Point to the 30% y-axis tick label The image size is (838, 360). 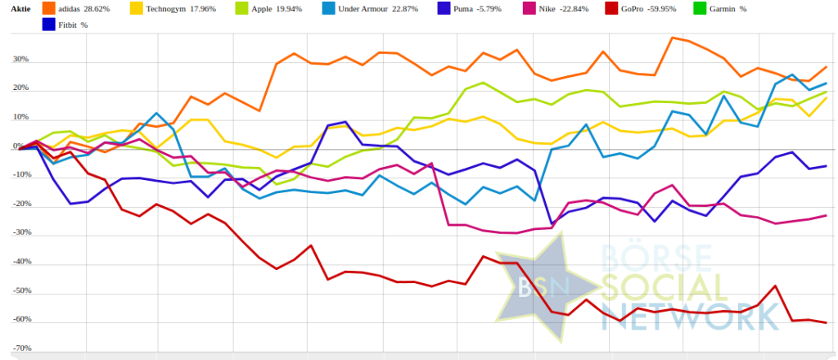click(20, 60)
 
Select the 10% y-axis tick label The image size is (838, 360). click(20, 117)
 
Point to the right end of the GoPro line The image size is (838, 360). click(826, 322)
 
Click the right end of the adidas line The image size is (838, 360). click(826, 66)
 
